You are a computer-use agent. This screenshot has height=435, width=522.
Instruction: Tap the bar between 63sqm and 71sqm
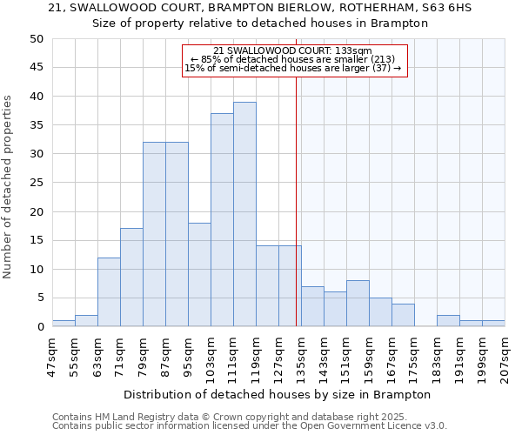(109, 292)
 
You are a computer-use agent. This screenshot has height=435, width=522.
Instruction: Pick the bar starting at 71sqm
(131, 278)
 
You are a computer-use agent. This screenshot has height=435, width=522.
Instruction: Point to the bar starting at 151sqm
(358, 304)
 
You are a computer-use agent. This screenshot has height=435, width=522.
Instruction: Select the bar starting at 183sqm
(448, 321)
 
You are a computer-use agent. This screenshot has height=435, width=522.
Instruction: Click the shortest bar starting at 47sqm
(64, 324)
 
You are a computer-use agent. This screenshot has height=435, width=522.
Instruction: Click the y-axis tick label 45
(36, 68)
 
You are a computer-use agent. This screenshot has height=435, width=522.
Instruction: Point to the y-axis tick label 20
(36, 211)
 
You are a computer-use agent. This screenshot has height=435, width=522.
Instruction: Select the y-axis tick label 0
(39, 327)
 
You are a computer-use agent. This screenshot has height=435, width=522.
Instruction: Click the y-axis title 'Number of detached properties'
(10, 187)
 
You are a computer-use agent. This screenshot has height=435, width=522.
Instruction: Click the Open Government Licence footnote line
(250, 426)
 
